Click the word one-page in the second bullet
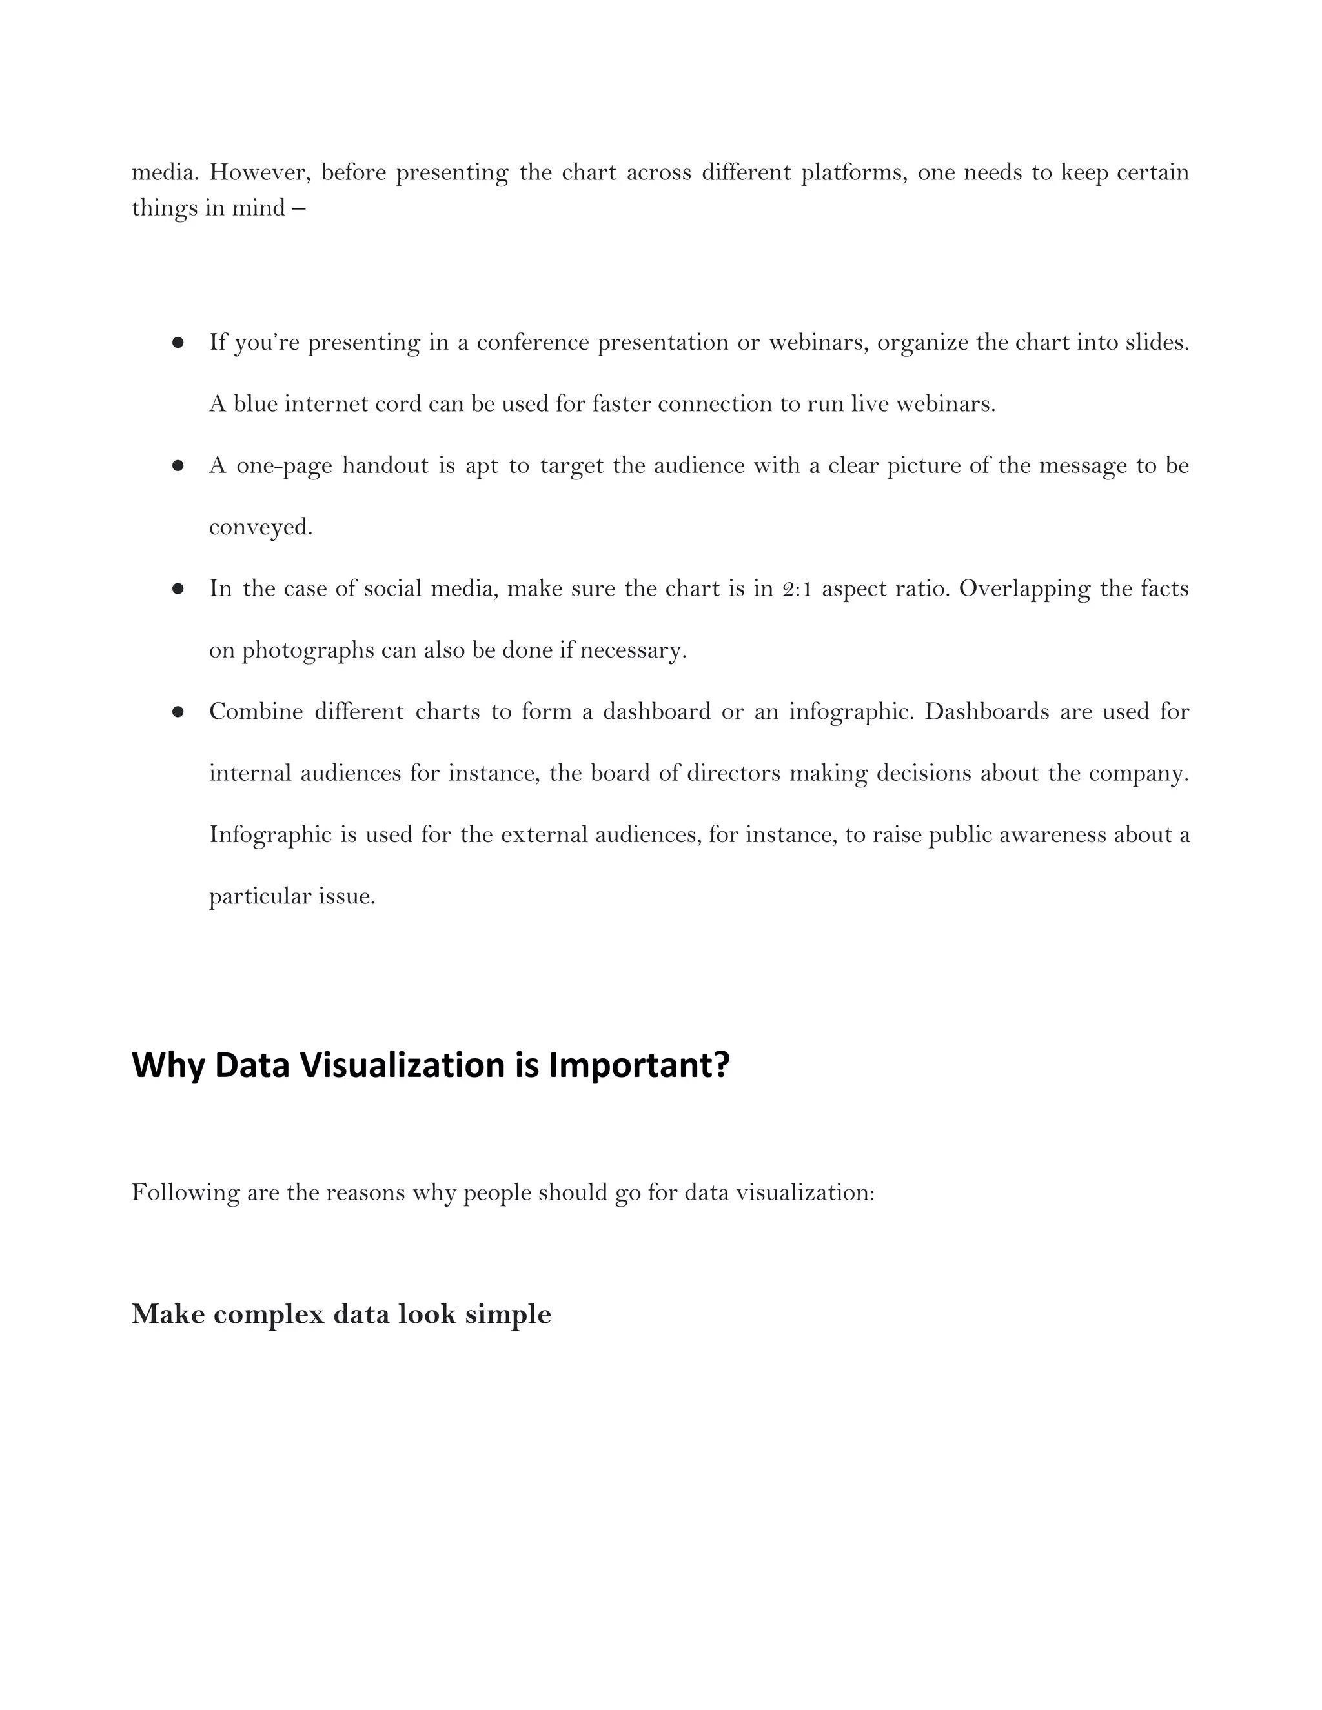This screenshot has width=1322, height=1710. click(283, 466)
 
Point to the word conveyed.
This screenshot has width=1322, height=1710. click(260, 528)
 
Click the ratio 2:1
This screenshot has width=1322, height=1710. click(797, 588)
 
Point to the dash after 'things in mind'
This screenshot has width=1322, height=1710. click(298, 208)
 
